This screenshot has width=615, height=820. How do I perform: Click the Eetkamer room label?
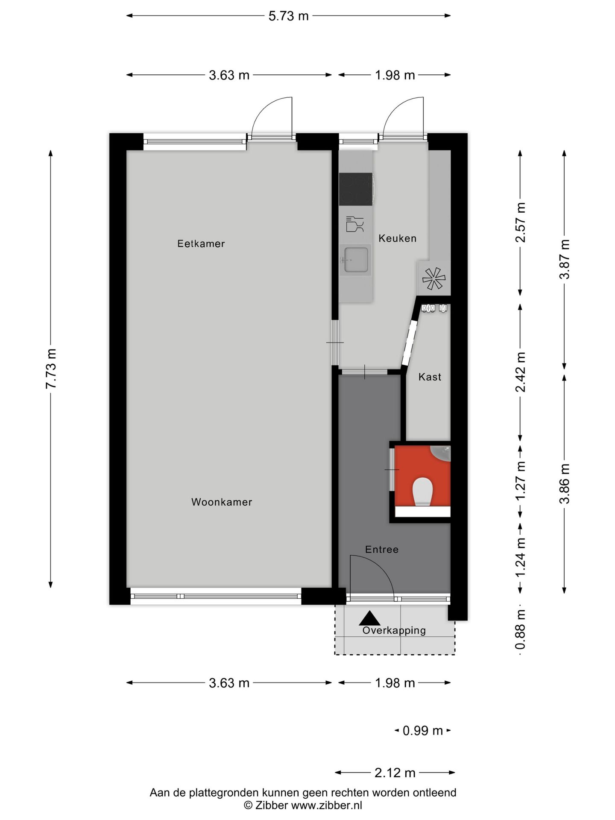[x=201, y=244]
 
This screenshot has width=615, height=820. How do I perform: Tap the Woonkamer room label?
[x=222, y=502]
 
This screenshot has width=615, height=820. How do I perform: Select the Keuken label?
[x=397, y=238]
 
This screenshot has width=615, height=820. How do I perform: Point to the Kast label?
[x=430, y=377]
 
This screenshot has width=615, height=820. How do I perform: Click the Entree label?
[x=382, y=550]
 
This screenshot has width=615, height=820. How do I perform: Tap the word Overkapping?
[x=394, y=630]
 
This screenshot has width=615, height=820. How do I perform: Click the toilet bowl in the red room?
[x=423, y=492]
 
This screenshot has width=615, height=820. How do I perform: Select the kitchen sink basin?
[x=356, y=260]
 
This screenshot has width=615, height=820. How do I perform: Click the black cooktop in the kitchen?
[x=356, y=189]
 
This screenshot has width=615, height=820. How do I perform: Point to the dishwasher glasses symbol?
[x=355, y=224]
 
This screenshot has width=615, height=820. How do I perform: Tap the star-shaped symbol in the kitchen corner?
[x=433, y=278]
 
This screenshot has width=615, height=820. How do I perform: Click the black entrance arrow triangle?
[x=369, y=618]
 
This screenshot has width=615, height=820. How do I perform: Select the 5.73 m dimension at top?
[x=288, y=16]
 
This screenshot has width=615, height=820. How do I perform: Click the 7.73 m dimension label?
[x=51, y=369]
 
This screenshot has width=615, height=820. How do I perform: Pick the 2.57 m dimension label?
[x=520, y=222]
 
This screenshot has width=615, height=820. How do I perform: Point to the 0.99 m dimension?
[x=422, y=731]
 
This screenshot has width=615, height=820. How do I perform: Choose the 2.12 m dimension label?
[x=395, y=773]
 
